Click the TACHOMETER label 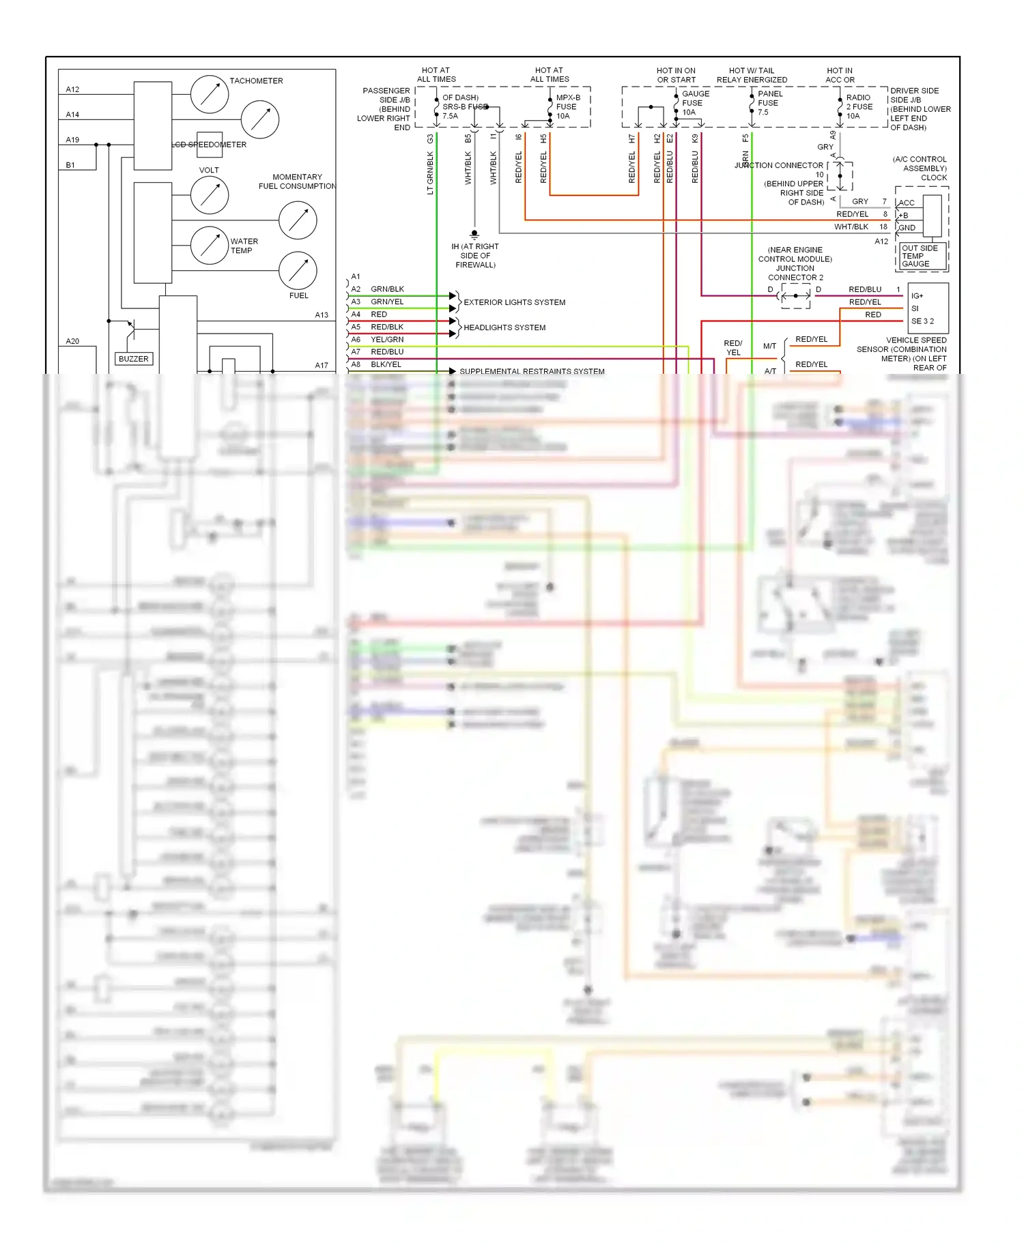click(x=256, y=80)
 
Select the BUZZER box click(x=134, y=359)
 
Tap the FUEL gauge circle click(x=298, y=270)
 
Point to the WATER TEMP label click(x=244, y=246)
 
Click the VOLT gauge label click(x=209, y=170)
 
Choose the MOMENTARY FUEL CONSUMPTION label click(x=297, y=181)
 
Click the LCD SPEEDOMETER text click(x=210, y=145)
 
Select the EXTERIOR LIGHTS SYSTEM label click(x=514, y=302)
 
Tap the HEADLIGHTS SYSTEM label click(x=504, y=327)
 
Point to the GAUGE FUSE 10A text click(x=695, y=103)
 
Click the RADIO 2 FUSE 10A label click(x=859, y=106)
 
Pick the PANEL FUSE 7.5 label click(x=769, y=103)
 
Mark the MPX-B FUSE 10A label click(x=567, y=106)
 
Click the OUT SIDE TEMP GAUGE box click(x=919, y=256)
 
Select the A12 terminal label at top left click(x=72, y=89)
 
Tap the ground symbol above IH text click(x=474, y=234)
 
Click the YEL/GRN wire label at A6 click(x=387, y=339)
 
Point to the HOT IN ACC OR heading click(x=839, y=75)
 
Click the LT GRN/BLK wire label click(x=430, y=173)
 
